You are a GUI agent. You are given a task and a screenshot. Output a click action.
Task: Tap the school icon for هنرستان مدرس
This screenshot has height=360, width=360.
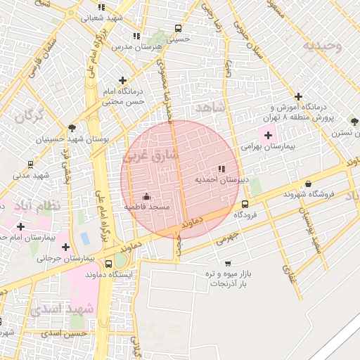[136, 35]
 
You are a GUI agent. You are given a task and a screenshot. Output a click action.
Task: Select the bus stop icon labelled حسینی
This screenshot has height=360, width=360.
[178, 30]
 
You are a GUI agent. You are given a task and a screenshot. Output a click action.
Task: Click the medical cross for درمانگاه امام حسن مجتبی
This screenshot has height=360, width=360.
[123, 81]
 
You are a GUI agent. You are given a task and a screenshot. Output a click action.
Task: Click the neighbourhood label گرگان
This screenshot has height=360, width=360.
[29, 115]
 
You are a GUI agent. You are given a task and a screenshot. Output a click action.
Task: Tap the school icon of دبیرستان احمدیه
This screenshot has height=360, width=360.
[221, 169]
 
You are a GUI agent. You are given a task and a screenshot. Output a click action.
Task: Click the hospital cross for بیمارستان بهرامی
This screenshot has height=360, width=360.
[267, 135]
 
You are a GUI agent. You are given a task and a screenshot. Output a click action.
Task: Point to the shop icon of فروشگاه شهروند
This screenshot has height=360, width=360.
[307, 183]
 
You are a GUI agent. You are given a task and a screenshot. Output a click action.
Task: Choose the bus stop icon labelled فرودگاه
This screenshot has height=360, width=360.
[245, 204]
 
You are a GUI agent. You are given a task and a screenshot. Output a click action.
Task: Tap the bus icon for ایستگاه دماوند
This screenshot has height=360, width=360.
[127, 264]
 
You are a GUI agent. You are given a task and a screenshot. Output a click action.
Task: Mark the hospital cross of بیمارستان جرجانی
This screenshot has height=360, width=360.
[65, 247]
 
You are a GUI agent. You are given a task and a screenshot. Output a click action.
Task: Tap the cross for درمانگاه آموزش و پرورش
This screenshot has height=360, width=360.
[298, 97]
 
